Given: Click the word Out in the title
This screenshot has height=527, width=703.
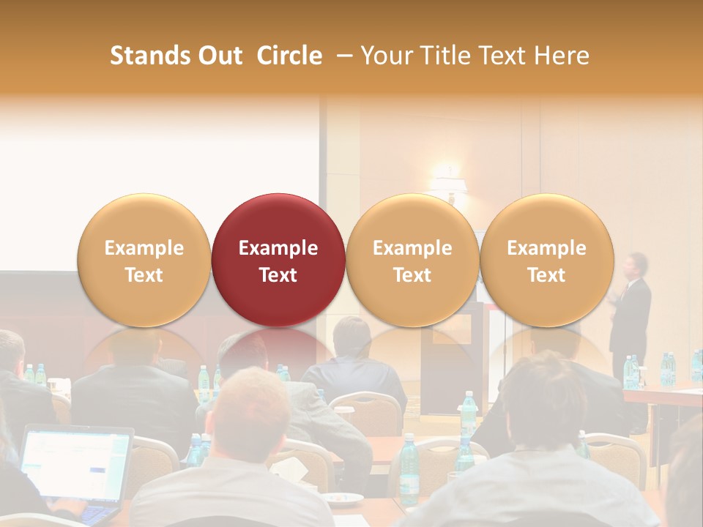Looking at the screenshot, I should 220,56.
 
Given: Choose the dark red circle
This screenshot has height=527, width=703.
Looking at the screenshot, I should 278,260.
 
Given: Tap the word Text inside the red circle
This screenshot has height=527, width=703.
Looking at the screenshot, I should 278,275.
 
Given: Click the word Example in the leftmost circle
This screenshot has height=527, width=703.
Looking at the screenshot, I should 144,248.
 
